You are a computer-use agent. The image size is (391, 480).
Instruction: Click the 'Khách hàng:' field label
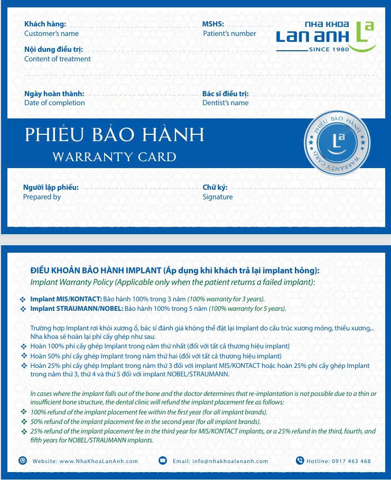(x=45, y=24)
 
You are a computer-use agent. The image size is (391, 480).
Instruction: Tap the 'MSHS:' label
(x=213, y=24)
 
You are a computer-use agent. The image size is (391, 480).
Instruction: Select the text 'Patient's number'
(x=229, y=33)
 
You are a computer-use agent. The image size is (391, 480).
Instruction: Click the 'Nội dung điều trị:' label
(x=53, y=50)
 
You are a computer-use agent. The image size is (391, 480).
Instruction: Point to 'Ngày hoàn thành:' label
(x=54, y=94)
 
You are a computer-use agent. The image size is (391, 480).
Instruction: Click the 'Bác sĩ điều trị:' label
(x=225, y=94)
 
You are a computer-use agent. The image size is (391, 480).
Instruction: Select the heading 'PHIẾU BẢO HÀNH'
(x=114, y=135)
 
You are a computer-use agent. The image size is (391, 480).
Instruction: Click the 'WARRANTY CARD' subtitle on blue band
(x=114, y=156)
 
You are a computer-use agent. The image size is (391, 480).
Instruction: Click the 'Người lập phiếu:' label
(x=51, y=187)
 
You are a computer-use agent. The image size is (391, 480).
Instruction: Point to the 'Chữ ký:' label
(x=215, y=187)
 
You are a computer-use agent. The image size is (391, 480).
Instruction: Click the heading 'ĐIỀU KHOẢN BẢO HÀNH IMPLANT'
(x=96, y=271)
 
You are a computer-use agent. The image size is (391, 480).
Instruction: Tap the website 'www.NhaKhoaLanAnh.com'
(x=98, y=461)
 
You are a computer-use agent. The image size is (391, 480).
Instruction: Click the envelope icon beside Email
(x=163, y=460)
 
